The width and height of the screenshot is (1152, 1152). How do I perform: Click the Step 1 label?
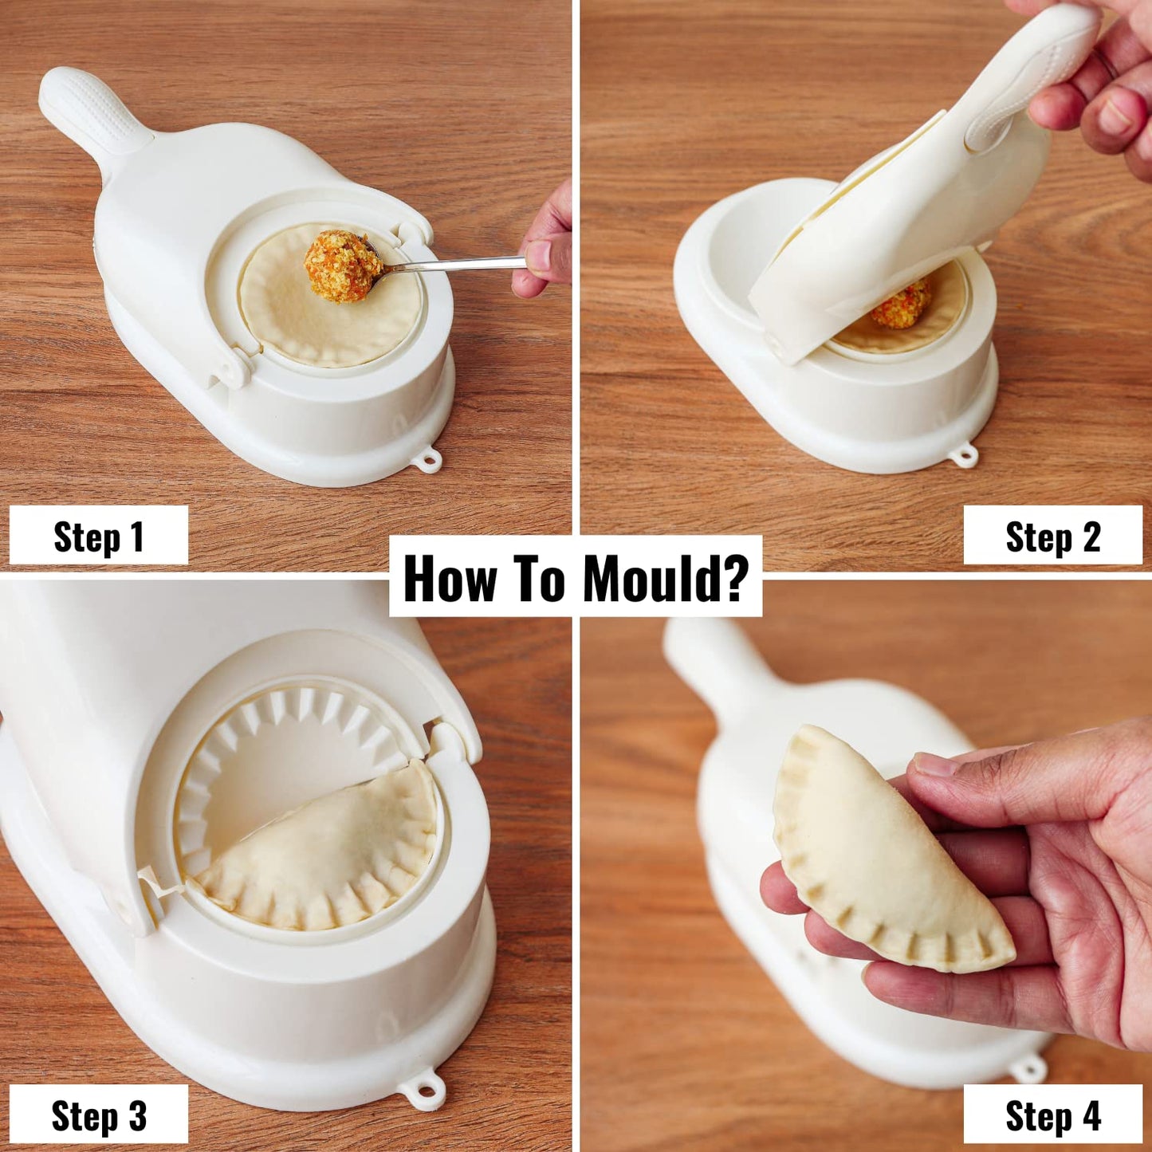click(x=98, y=537)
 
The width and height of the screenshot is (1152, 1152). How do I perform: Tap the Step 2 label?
click(x=1052, y=537)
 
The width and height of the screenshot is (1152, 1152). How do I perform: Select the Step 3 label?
click(x=98, y=1115)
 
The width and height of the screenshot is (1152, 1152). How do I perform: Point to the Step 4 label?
click(x=1052, y=1115)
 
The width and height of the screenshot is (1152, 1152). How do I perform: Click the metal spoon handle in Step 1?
click(x=462, y=263)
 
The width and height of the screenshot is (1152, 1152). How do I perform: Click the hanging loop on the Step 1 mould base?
click(x=430, y=460)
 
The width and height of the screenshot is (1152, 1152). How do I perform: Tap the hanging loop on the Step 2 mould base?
click(x=965, y=456)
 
